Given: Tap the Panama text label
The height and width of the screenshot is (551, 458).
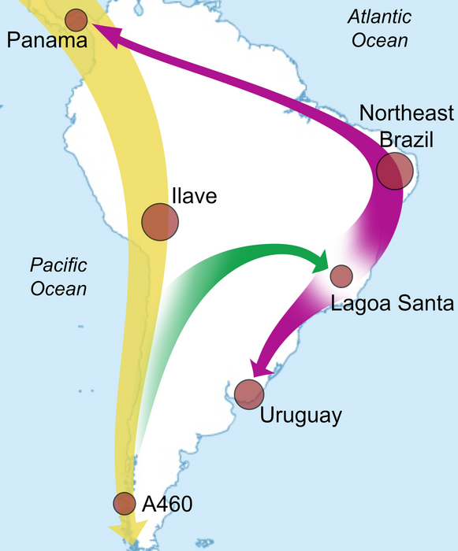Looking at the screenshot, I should click(x=47, y=40).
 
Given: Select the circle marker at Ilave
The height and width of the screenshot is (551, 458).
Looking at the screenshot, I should click(x=160, y=221).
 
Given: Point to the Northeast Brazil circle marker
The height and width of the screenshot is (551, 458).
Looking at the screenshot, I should click(x=395, y=171).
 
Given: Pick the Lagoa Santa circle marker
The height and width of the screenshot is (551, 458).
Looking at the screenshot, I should click(x=341, y=276).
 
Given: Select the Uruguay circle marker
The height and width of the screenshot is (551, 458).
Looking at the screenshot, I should click(x=249, y=394).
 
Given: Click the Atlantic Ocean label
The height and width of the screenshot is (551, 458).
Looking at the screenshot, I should click(x=381, y=28).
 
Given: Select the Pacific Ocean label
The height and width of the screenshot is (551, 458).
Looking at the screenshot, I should click(x=59, y=276).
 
